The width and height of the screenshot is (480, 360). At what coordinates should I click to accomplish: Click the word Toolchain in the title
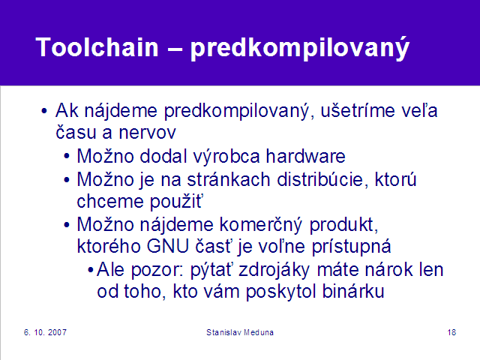pyautogui.click(x=97, y=47)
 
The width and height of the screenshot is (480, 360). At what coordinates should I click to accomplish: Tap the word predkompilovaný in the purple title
pyautogui.click(x=300, y=49)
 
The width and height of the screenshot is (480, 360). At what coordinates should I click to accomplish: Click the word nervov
pyautogui.click(x=147, y=133)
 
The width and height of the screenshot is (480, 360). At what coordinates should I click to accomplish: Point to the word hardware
pyautogui.click(x=305, y=156)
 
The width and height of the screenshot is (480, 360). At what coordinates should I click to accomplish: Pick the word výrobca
pyautogui.click(x=226, y=157)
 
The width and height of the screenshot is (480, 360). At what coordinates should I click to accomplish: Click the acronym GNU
pyautogui.click(x=168, y=247)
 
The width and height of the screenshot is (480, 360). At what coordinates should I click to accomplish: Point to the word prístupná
pyautogui.click(x=351, y=247)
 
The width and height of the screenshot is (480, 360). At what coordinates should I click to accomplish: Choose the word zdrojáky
pyautogui.click(x=274, y=271)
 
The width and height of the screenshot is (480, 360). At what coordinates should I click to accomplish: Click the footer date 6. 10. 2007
pyautogui.click(x=45, y=332)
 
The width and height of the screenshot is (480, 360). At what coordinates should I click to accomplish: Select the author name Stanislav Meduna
pyautogui.click(x=240, y=332)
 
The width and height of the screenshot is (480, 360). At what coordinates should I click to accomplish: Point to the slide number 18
pyautogui.click(x=451, y=332)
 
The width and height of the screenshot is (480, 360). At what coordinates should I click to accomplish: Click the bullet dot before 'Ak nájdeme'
pyautogui.click(x=44, y=111)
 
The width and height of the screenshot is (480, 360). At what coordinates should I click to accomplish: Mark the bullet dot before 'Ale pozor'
pyautogui.click(x=90, y=270)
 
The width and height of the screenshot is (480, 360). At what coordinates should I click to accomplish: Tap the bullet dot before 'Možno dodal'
pyautogui.click(x=67, y=157)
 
